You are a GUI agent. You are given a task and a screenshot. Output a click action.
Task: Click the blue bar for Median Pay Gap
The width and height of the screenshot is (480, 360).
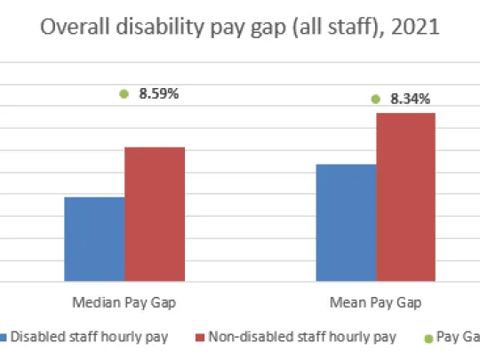[93, 239]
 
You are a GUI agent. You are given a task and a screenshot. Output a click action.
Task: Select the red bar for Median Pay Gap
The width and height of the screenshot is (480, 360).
[154, 214]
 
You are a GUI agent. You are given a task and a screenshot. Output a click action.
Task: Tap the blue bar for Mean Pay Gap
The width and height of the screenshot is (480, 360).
[346, 223]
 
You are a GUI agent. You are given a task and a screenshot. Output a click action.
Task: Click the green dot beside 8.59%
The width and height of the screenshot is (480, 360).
[124, 92]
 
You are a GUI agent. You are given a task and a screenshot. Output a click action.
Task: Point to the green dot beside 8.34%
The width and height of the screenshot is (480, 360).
[375, 99]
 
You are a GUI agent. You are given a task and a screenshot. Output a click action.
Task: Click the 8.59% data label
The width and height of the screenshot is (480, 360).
[158, 92]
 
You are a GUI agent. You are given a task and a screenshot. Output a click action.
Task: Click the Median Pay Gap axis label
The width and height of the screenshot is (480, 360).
[124, 302]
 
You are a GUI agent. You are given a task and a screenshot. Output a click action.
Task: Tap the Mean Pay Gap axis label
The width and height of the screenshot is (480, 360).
[375, 302]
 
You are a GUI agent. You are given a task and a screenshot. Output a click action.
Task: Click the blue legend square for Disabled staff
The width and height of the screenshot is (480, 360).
[4, 337]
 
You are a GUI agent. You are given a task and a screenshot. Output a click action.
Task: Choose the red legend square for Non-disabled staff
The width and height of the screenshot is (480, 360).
[200, 337]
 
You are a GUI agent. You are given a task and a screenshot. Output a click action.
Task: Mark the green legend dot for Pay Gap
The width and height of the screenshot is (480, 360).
[428, 338]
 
